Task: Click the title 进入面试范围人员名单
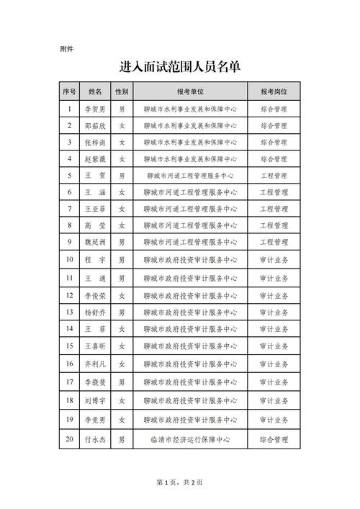coord(180,67)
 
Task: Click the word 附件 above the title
coord(66,49)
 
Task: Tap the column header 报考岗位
coord(274,92)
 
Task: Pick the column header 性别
coord(122,92)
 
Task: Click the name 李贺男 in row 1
coord(95,109)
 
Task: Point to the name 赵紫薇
coord(95,158)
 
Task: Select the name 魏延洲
coord(95,243)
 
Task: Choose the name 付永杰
coord(95,438)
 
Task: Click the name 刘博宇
coord(95,400)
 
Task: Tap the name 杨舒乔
coord(95,312)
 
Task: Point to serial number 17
coord(69,382)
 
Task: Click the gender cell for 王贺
coord(122,175)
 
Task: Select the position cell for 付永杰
coord(274,438)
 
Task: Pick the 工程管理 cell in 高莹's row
coord(274,225)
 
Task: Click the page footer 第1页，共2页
coord(180,482)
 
